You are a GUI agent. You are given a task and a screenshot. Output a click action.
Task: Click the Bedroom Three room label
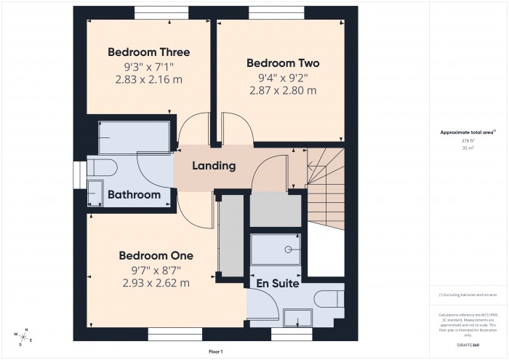[x=149, y=52]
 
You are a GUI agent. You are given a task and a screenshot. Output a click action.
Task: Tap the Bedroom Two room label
[x=283, y=63]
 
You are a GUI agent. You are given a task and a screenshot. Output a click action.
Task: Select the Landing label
[x=214, y=166]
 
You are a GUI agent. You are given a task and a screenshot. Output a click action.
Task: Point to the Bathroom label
[x=135, y=195]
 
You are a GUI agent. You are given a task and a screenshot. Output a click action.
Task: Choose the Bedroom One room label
[x=156, y=256]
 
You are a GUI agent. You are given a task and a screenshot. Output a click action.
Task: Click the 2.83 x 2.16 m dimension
[x=148, y=80]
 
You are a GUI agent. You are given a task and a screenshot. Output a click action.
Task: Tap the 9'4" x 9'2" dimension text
[x=283, y=77]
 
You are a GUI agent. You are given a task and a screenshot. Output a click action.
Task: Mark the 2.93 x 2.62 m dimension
[x=156, y=283]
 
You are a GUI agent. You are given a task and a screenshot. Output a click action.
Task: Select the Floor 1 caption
[x=215, y=351]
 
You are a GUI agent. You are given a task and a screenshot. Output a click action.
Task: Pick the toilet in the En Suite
[x=331, y=299]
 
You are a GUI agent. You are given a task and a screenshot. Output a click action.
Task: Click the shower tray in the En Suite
[x=276, y=249]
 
